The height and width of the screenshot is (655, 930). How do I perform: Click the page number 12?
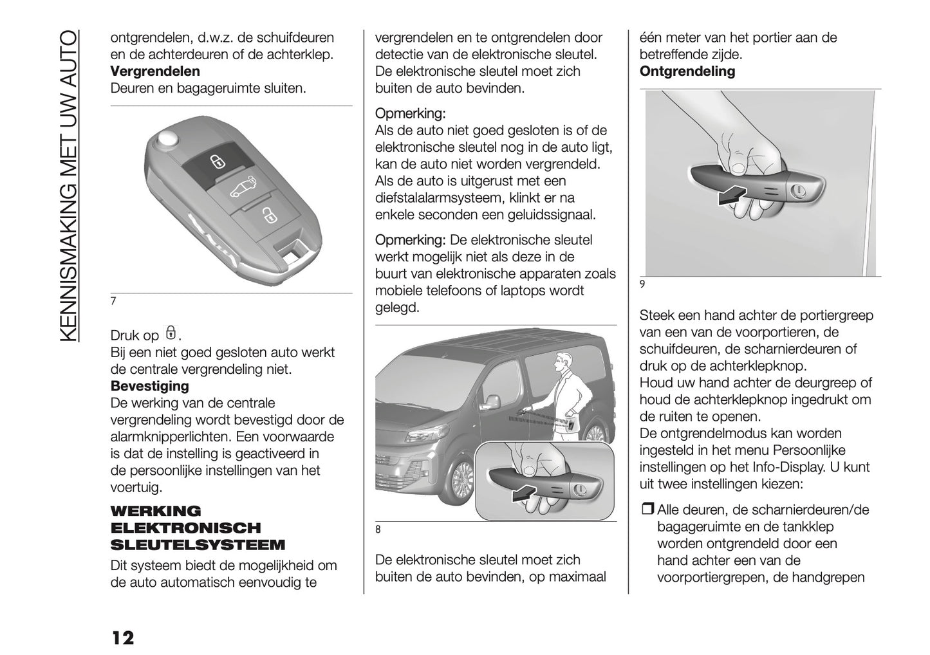pos(122,638)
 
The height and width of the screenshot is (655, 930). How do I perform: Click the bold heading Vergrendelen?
pos(155,71)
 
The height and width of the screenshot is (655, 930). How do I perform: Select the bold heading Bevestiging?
pos(150,386)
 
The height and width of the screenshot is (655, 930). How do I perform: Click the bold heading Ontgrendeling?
pos(687,71)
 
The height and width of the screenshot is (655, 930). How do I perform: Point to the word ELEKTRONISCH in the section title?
pos(186,528)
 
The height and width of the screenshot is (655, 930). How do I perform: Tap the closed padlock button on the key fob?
pos(217,161)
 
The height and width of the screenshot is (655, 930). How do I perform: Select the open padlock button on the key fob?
pos(266,214)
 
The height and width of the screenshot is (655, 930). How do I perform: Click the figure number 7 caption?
pos(113,301)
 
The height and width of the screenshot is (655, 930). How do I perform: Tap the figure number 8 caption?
pos(378,530)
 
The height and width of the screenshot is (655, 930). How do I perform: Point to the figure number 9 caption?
pos(642,284)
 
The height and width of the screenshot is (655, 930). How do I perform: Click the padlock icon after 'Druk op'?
pos(171,333)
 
